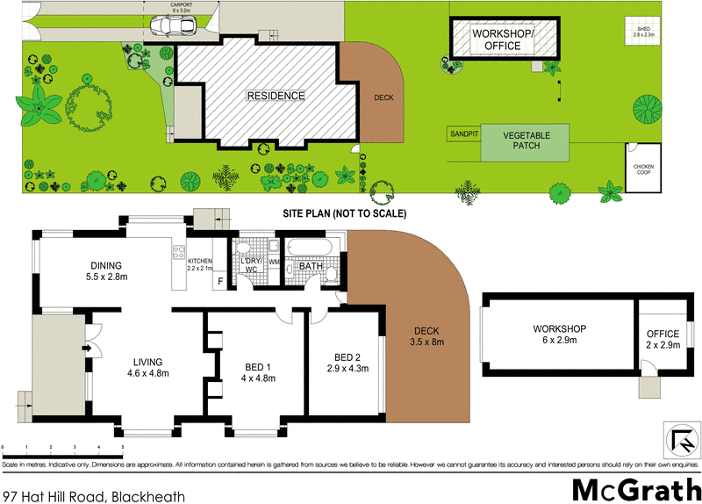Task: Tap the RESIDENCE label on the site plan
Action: click(x=275, y=96)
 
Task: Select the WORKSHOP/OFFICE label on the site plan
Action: click(x=502, y=40)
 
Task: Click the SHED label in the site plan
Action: click(x=646, y=32)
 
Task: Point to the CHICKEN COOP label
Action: click(x=645, y=168)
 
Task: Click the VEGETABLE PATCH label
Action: click(x=526, y=140)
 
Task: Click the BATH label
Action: click(x=311, y=266)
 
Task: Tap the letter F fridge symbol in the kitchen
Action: click(x=220, y=281)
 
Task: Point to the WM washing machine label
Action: click(x=273, y=261)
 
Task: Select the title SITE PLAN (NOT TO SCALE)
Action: click(x=344, y=213)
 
